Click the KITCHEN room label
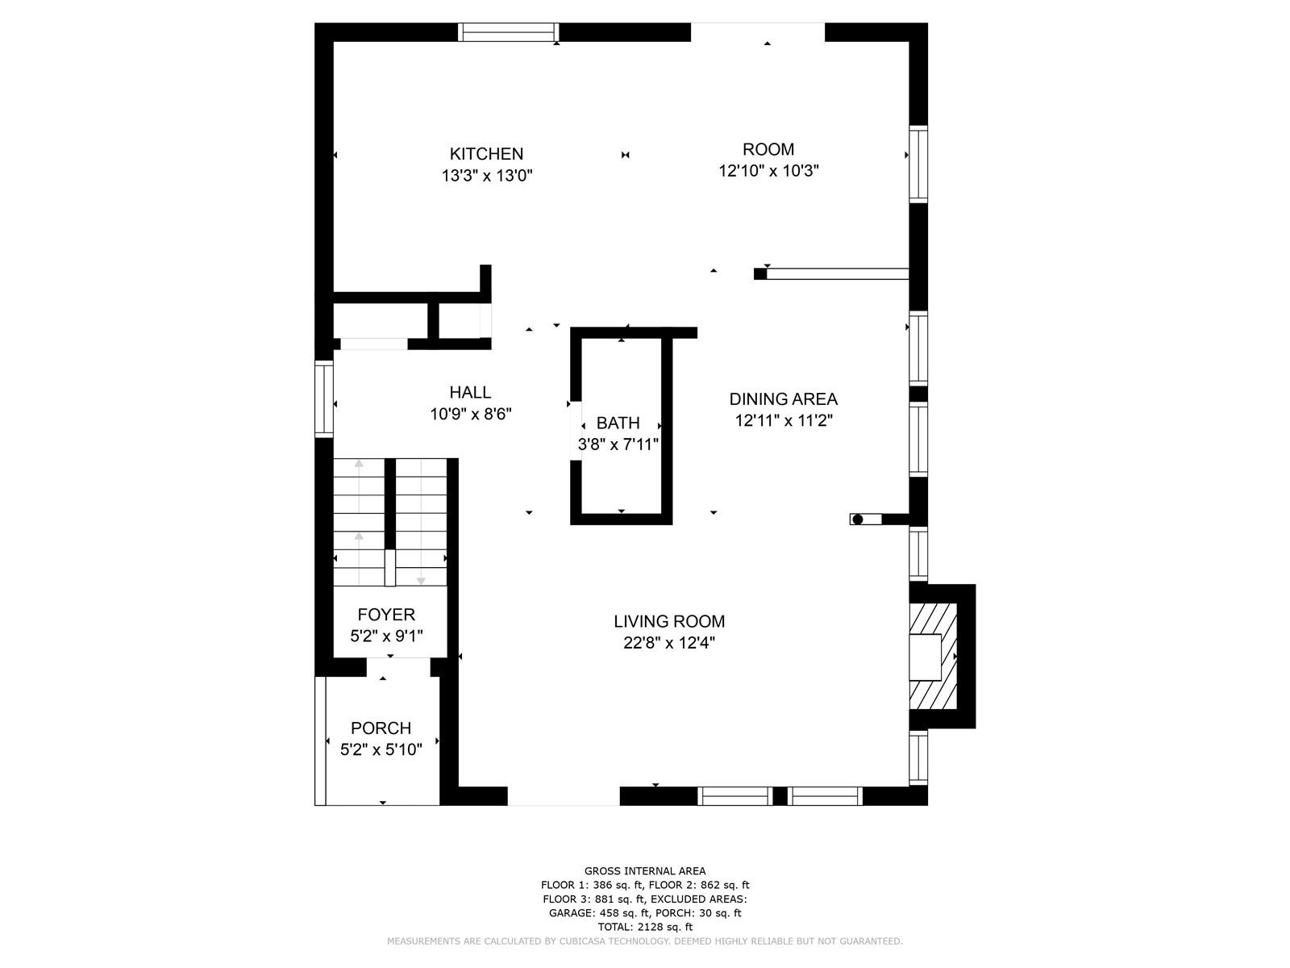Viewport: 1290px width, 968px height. point(486,154)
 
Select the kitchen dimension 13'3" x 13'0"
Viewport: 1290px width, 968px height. point(487,176)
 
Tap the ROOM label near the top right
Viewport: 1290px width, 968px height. point(768,149)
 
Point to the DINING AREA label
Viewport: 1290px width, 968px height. point(783,399)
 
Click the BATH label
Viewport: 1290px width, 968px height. point(618,423)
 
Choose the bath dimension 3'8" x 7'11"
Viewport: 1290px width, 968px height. point(618,444)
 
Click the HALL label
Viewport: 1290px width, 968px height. point(470,392)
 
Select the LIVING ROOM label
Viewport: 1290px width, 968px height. point(669,621)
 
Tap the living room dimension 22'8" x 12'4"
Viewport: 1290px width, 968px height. point(669,643)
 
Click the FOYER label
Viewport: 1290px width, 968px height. point(386,615)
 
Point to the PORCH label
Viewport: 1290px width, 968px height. point(381,728)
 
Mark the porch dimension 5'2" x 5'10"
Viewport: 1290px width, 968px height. point(381,749)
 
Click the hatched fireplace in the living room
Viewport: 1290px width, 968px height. point(933,657)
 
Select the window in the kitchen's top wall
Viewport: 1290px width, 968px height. point(509,32)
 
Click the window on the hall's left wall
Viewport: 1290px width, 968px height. point(324,399)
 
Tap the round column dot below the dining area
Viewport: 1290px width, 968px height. point(858,519)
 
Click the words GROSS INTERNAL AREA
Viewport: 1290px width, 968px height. point(645,871)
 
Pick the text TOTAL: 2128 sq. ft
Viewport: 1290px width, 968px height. point(645,927)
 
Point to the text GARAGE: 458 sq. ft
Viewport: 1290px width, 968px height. point(599,913)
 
